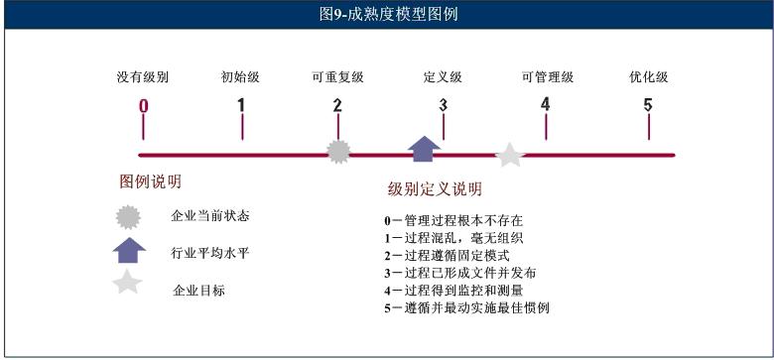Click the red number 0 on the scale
(144, 106)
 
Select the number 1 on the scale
(241, 105)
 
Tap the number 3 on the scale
(443, 105)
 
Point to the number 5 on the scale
(648, 105)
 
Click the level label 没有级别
(143, 77)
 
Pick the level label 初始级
(241, 77)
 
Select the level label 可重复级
(337, 77)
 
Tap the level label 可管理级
(547, 77)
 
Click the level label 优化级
(648, 77)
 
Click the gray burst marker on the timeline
(339, 151)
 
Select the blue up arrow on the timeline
(425, 148)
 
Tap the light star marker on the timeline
(510, 154)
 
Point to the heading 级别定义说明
(434, 188)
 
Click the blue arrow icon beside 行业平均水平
(130, 250)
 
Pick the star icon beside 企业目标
(129, 284)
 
